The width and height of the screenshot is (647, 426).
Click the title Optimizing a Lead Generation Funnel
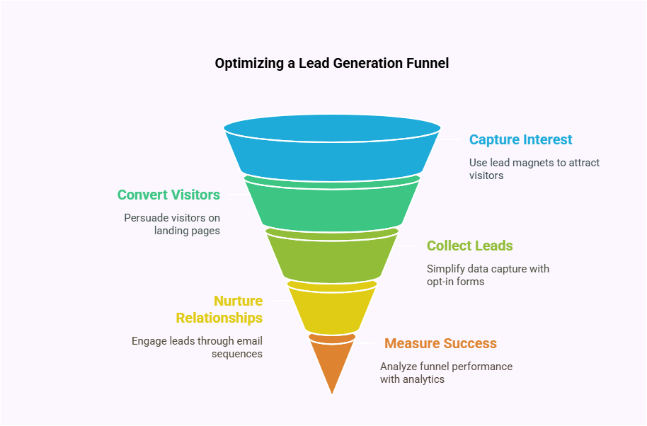(331, 63)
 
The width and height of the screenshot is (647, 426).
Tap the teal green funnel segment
(331, 207)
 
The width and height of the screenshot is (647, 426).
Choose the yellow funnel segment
(331, 309)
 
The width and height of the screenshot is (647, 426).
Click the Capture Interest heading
(520, 139)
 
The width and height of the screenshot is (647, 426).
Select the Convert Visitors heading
(168, 195)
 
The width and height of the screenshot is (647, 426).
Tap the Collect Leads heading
(469, 246)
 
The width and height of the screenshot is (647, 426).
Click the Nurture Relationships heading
(219, 309)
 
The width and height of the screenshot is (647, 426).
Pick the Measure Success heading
(440, 343)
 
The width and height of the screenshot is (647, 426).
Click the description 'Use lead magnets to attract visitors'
(534, 168)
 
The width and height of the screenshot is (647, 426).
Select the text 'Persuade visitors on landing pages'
(172, 224)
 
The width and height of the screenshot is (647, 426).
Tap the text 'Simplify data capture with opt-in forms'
(488, 275)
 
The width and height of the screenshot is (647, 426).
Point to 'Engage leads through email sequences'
(197, 347)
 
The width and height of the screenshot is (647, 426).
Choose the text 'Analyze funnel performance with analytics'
(446, 372)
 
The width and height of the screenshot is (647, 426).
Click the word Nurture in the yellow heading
(239, 301)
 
